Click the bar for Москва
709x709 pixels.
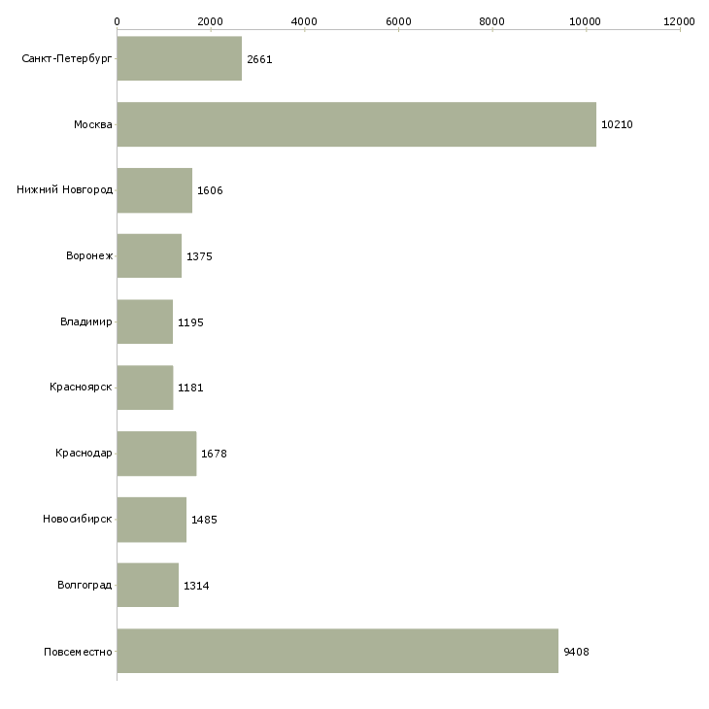(x=356, y=124)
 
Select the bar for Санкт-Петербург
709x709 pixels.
(x=180, y=58)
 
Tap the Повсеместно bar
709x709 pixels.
(x=337, y=651)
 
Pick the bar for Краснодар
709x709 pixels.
(x=156, y=454)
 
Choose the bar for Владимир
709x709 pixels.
(x=145, y=321)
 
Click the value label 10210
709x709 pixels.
(x=617, y=125)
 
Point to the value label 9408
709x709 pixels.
(x=576, y=652)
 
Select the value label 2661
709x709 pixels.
(x=259, y=59)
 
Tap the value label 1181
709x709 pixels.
(x=190, y=388)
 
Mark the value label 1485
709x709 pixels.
(x=204, y=520)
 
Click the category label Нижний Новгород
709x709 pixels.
(x=64, y=190)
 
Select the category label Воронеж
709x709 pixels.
(x=89, y=256)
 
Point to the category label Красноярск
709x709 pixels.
(x=81, y=388)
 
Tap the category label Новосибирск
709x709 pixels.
(x=78, y=520)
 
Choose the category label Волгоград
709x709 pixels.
(x=84, y=586)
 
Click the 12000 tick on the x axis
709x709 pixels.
(x=680, y=20)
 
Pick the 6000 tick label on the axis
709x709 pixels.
(x=398, y=20)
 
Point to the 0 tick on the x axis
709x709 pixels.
(x=117, y=20)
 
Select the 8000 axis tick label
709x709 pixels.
(x=492, y=20)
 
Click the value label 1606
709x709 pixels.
(x=210, y=190)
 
